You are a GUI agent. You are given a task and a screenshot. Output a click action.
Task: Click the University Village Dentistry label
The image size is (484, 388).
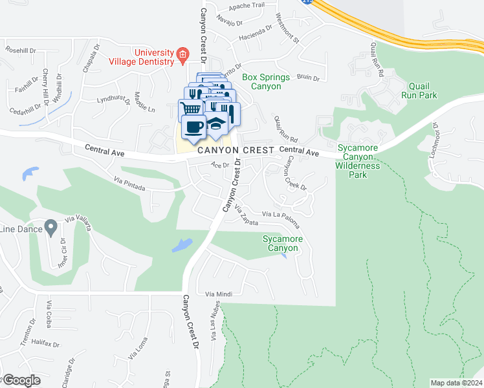point(154,57)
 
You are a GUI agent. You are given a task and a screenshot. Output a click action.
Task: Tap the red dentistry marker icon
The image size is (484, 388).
point(182,54)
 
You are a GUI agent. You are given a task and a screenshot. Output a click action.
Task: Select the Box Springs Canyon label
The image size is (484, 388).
point(261,81)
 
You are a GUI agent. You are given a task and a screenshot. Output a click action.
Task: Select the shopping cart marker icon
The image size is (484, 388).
point(190,109)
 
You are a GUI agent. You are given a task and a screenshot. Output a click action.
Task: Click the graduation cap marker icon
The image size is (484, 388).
point(215,125)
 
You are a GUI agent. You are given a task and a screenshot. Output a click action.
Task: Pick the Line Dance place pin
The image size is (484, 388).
point(50,228)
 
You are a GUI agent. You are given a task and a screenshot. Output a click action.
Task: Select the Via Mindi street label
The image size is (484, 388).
point(218,294)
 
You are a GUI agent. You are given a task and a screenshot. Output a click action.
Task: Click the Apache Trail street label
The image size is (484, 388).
point(232,6)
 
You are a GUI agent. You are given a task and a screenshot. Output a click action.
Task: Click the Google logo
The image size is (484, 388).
point(21,380)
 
